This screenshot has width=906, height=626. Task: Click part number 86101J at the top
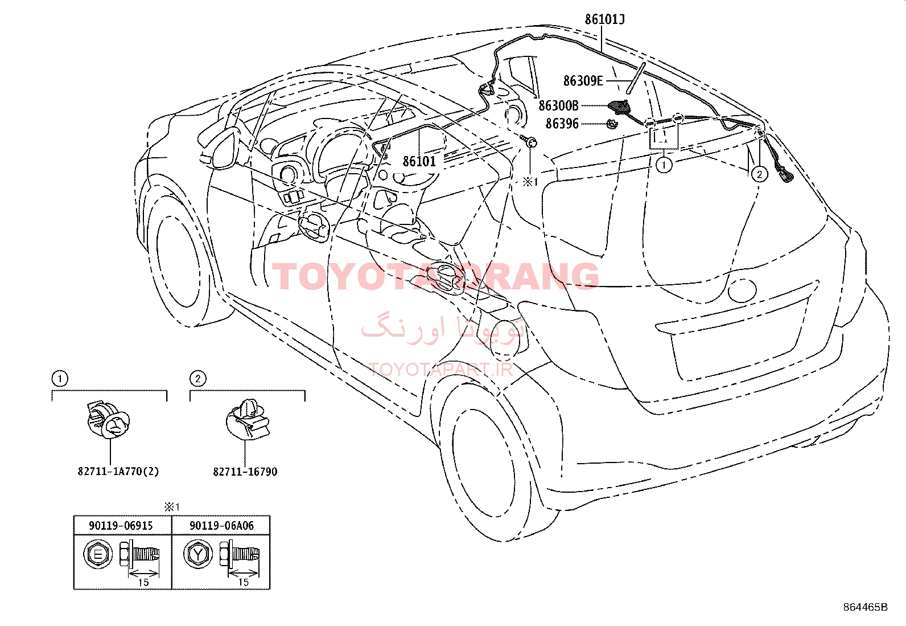[x=604, y=19]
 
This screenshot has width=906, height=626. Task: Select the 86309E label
[x=583, y=81]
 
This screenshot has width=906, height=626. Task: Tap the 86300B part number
[x=558, y=106]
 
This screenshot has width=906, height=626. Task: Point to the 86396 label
[x=562, y=124]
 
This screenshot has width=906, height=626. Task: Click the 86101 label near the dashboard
[x=419, y=161]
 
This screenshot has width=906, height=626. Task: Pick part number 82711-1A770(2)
[x=118, y=471]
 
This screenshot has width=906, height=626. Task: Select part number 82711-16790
[x=245, y=472]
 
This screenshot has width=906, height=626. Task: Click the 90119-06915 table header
[x=121, y=526]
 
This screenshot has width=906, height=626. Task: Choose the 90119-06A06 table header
[x=221, y=526]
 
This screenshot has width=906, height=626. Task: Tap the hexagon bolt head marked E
[x=98, y=554]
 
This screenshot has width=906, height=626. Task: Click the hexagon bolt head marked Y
[x=198, y=554]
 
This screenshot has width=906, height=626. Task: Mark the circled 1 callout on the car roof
[x=664, y=165]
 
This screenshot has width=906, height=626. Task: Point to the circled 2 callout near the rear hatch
[x=759, y=174]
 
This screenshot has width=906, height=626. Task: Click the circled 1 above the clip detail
[x=60, y=379]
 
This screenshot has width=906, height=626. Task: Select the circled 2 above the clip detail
[x=198, y=379]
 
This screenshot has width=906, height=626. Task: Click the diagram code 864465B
[x=866, y=607]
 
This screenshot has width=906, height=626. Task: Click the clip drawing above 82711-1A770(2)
[x=108, y=420]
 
